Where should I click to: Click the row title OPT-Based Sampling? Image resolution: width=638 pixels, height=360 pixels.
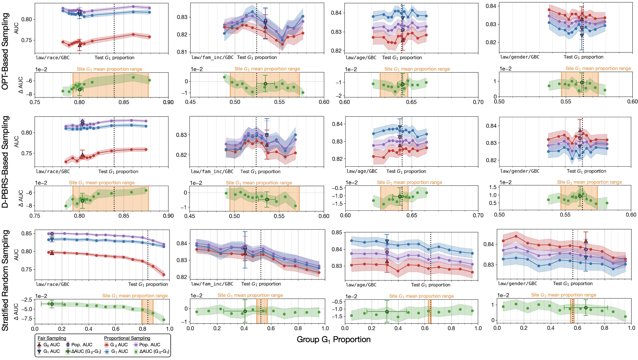[x=5, y=51]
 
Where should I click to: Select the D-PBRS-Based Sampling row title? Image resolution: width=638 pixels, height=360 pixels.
[x=5, y=162]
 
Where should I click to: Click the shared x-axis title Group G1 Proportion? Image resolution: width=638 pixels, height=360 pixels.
[x=334, y=340]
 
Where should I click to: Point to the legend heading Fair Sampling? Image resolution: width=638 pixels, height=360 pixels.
[x=52, y=338]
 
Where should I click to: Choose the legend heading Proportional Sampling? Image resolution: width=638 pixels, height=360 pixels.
[x=127, y=338]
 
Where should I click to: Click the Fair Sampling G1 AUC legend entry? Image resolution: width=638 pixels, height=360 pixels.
[x=49, y=351]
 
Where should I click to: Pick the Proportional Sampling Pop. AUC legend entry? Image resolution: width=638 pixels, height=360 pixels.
[x=147, y=345]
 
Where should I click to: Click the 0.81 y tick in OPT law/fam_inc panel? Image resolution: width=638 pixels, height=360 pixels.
[x=182, y=52]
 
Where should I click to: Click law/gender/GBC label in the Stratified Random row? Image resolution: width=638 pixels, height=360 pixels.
[x=517, y=283]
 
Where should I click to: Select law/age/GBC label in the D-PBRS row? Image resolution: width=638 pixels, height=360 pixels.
[x=362, y=171]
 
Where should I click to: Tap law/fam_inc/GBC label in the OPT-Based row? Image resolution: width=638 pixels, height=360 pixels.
[x=212, y=57]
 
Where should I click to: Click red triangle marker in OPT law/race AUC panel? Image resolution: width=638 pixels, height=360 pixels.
[x=80, y=45]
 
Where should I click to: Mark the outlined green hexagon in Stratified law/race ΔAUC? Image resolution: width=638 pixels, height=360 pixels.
[x=52, y=304]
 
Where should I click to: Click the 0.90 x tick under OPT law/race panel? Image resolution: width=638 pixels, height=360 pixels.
[x=168, y=102]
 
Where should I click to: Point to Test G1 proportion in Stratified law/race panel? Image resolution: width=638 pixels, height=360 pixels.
[x=148, y=284]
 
